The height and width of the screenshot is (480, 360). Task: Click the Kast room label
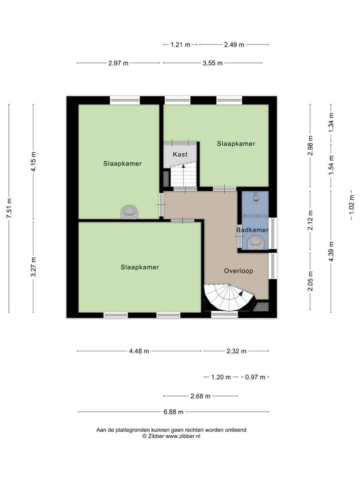pyautogui.click(x=180, y=154)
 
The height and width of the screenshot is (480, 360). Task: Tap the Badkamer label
pyautogui.click(x=252, y=230)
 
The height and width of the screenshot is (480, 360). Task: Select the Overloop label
pyautogui.click(x=239, y=271)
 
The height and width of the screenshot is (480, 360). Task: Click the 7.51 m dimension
pyautogui.click(x=9, y=208)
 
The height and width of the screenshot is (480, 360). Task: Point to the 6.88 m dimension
pyautogui.click(x=173, y=412)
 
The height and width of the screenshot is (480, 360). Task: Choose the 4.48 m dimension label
pyautogui.click(x=139, y=351)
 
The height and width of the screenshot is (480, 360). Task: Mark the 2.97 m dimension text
pyautogui.click(x=119, y=63)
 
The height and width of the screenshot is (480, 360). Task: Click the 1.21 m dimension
pyautogui.click(x=180, y=45)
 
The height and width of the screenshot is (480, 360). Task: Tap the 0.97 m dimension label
pyautogui.click(x=255, y=377)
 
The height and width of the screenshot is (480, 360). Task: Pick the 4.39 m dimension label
pyautogui.click(x=331, y=252)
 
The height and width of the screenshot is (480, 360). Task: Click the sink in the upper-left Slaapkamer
pyautogui.click(x=129, y=212)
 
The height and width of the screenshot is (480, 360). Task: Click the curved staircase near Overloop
pyautogui.click(x=229, y=297)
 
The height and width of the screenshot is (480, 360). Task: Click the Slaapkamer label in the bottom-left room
pyautogui.click(x=140, y=267)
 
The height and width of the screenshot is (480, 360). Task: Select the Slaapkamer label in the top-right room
pyautogui.click(x=236, y=143)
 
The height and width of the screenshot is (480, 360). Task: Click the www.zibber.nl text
pyautogui.click(x=183, y=436)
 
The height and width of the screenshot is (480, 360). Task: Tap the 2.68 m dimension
pyautogui.click(x=201, y=396)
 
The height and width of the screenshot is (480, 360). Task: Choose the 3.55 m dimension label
pyautogui.click(x=212, y=63)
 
